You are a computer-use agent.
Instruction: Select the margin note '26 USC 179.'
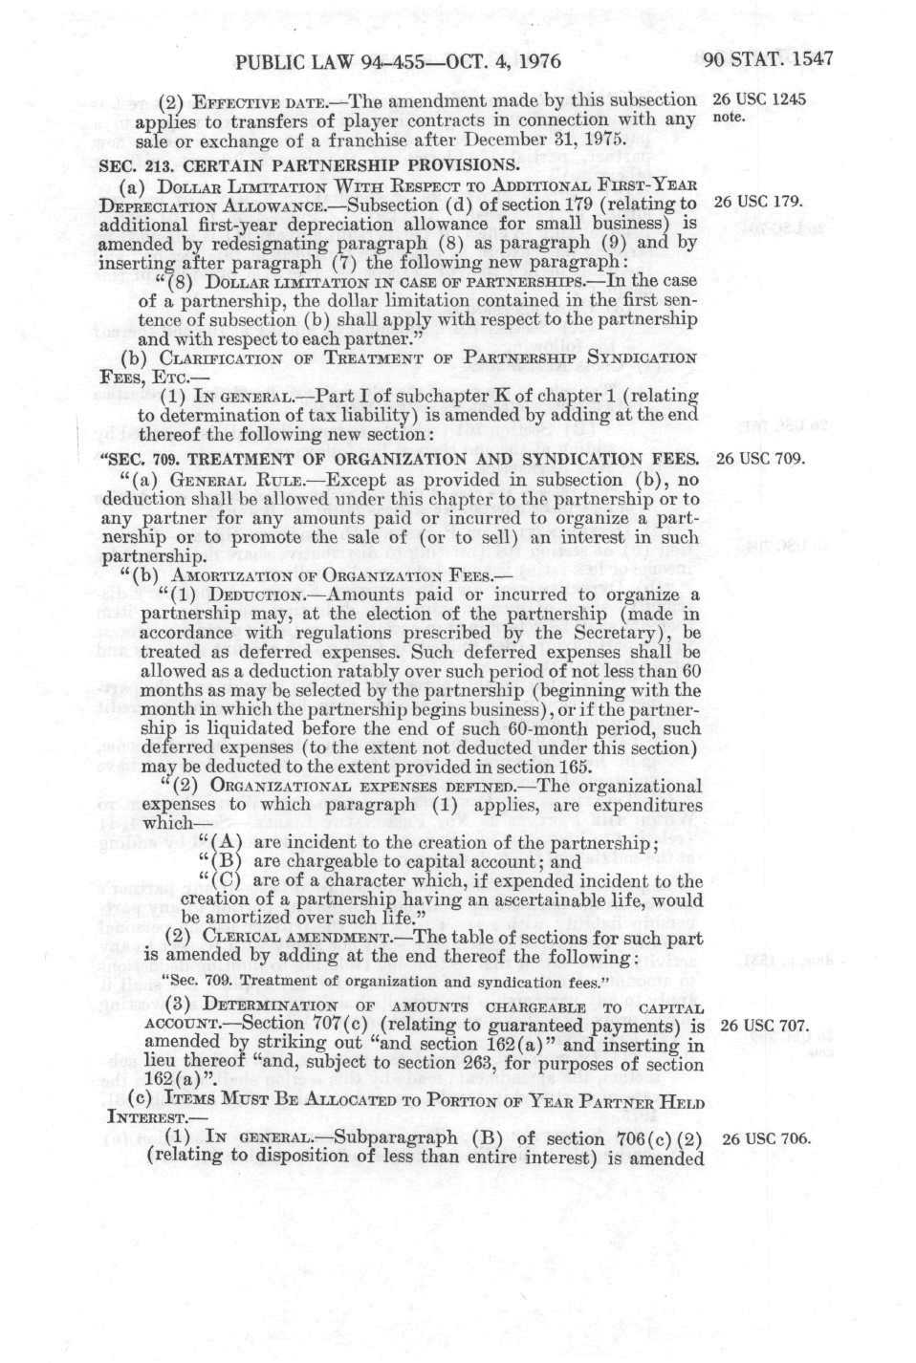click(758, 203)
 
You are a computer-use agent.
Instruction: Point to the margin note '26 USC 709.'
click(761, 458)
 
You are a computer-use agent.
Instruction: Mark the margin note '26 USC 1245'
click(759, 99)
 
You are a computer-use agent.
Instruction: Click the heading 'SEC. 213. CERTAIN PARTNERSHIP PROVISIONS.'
click(310, 164)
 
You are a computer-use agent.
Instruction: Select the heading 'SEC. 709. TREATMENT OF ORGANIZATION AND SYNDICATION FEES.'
click(402, 459)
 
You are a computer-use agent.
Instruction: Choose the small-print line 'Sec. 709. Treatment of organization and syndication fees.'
click(386, 982)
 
